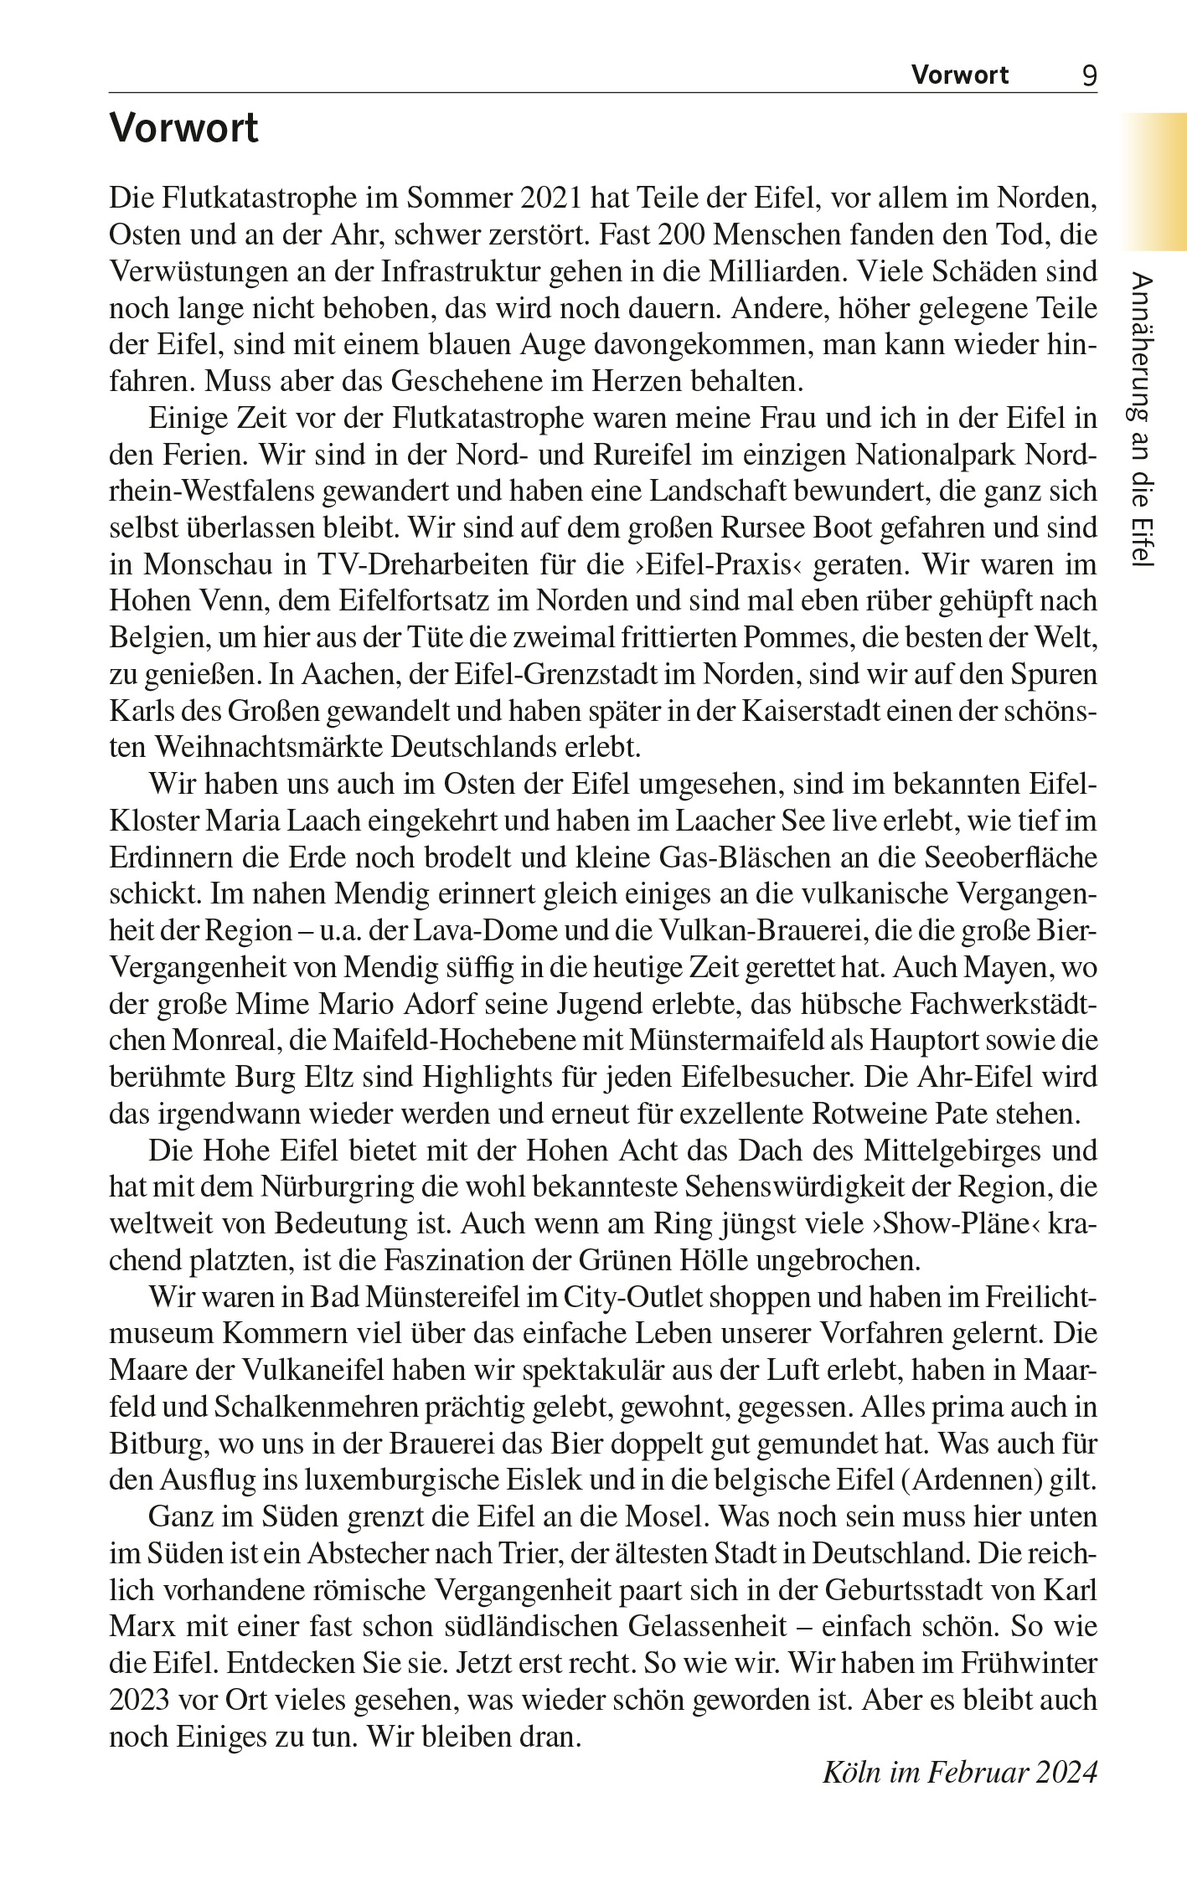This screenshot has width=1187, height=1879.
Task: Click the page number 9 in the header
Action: [x=1089, y=75]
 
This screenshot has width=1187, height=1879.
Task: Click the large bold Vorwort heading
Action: [x=184, y=128]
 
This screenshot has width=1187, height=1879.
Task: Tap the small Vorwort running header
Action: [x=960, y=75]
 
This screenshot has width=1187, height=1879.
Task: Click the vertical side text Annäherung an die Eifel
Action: [x=1143, y=420]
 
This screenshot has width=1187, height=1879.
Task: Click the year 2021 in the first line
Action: [x=550, y=198]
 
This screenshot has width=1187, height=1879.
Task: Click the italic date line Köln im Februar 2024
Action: [x=959, y=1773]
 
